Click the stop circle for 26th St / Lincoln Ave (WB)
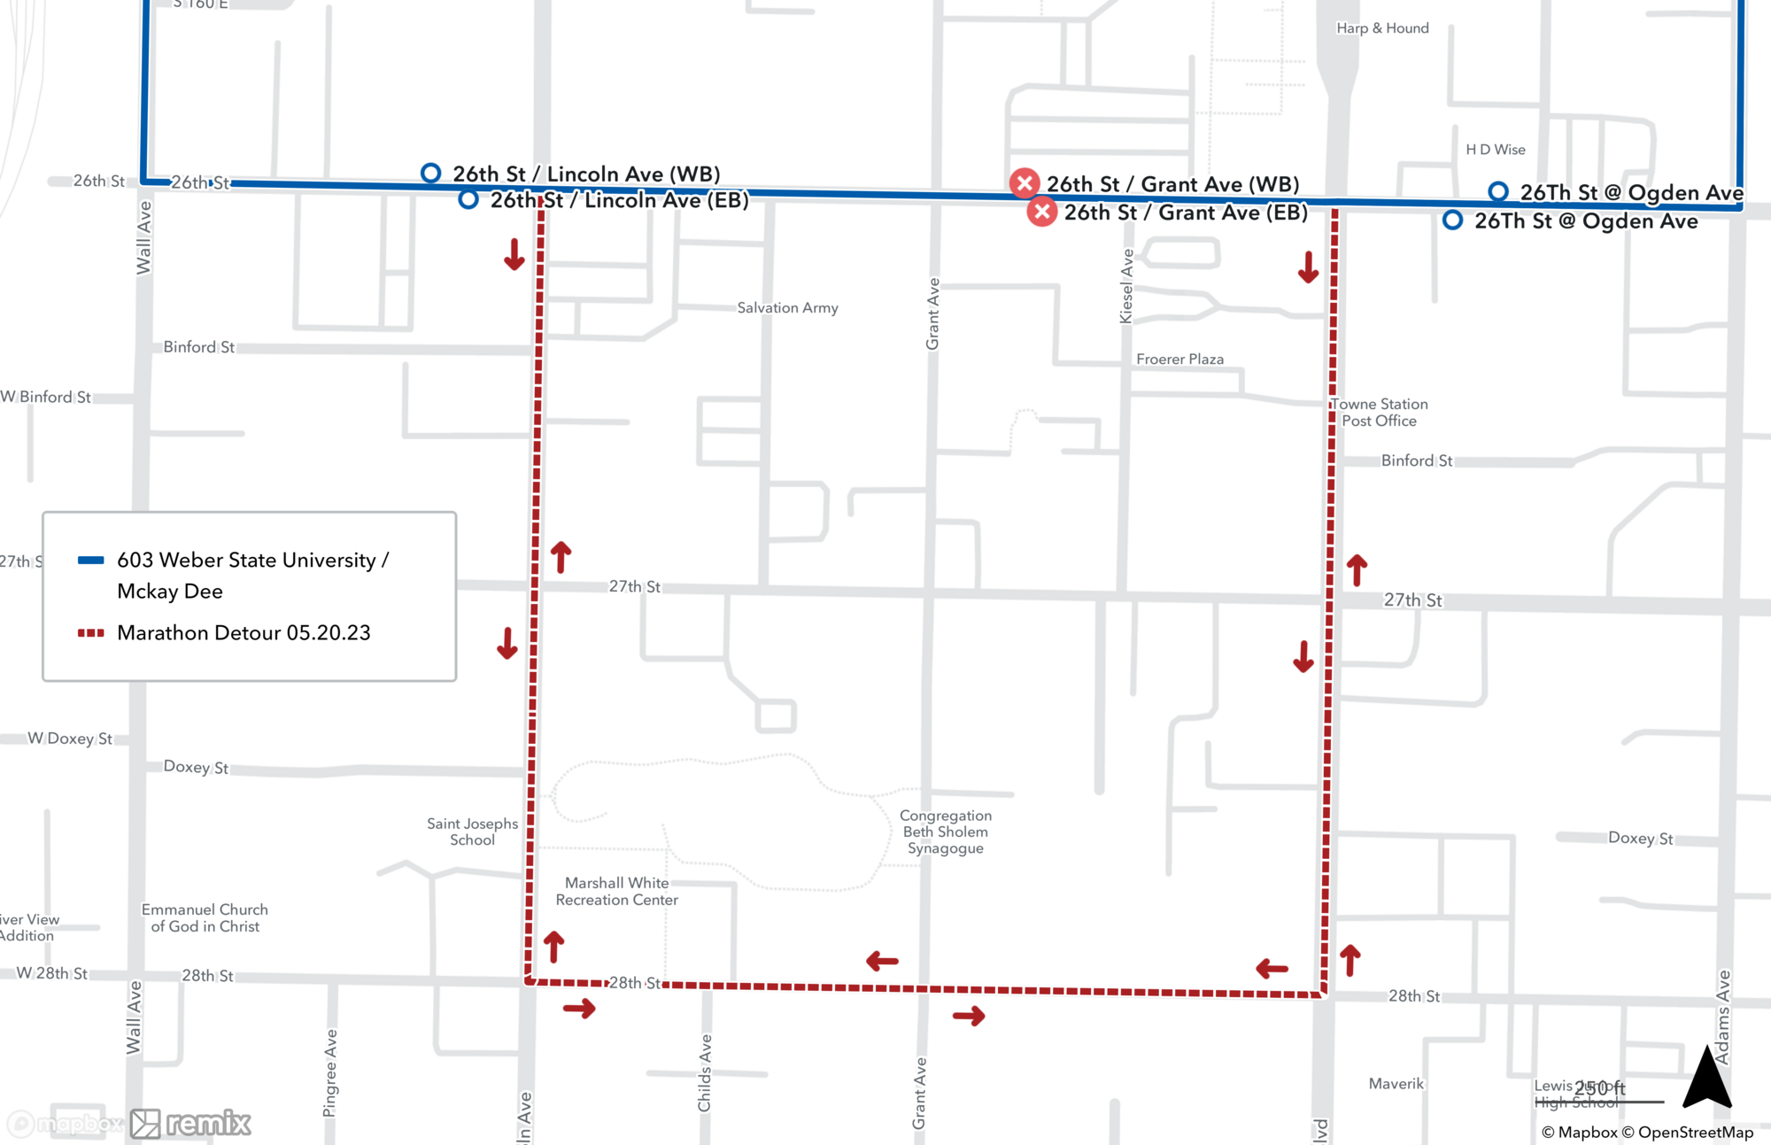[430, 173]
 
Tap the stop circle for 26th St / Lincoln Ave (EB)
[468, 199]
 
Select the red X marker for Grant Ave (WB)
[1025, 183]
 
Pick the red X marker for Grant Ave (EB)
[1042, 212]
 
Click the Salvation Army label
[787, 308]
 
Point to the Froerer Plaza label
[1179, 360]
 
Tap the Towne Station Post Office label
[1379, 413]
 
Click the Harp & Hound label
[1382, 28]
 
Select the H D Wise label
[1496, 150]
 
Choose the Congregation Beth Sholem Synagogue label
[945, 832]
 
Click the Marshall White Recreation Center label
[616, 891]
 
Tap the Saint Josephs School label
[472, 832]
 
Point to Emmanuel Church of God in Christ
[205, 917]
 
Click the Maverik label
[1396, 1084]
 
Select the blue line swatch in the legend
[91, 560]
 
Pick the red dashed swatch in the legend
[91, 633]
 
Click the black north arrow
[1706, 1077]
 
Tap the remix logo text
[208, 1123]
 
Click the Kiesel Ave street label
[1126, 286]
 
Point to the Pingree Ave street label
[330, 1072]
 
